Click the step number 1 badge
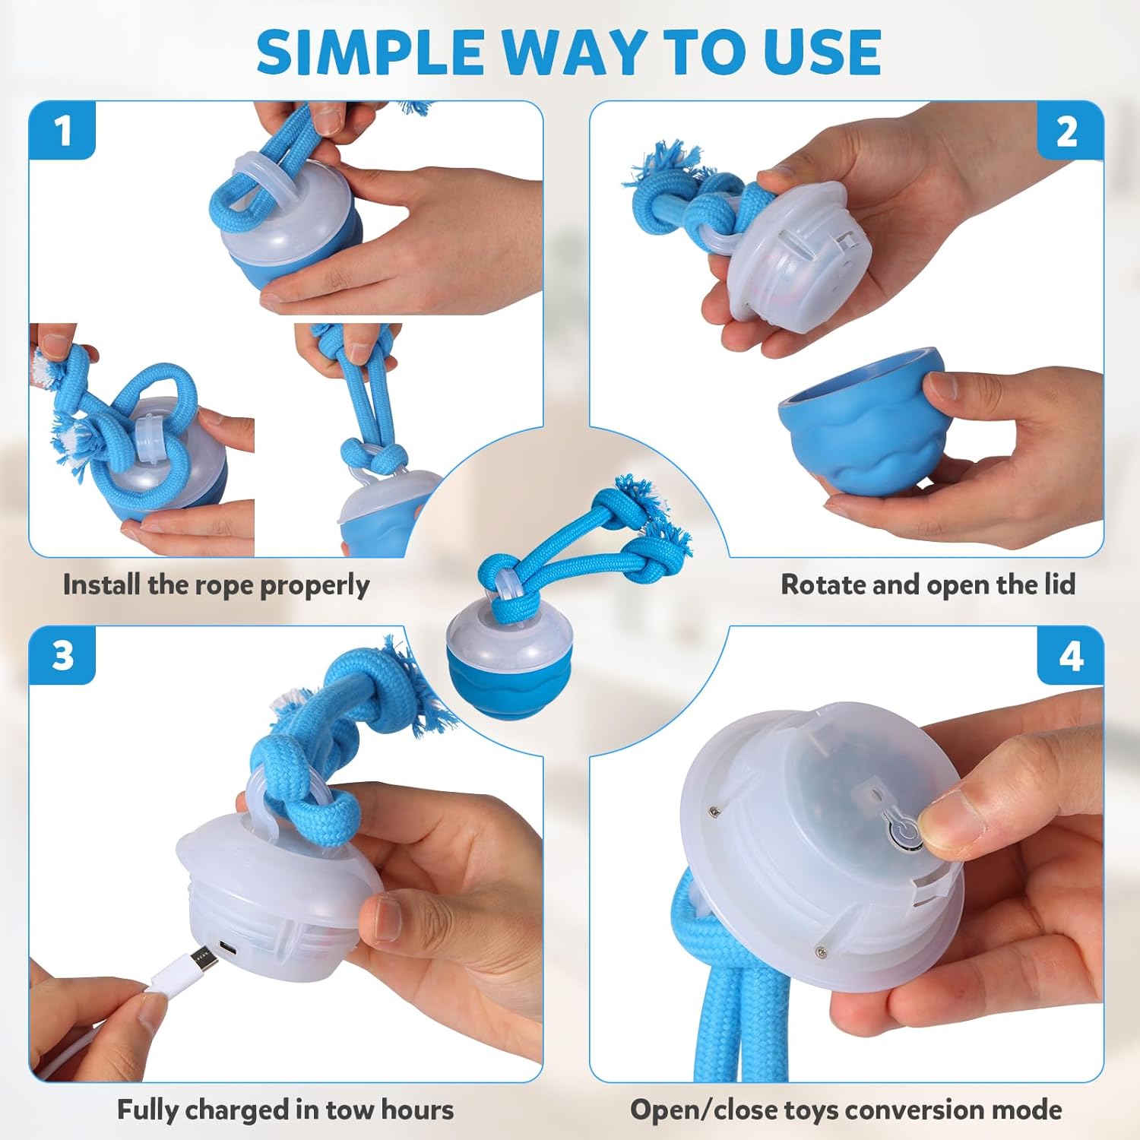tap(62, 131)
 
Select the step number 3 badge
tap(62, 655)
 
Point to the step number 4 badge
tap(1071, 655)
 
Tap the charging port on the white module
tap(227, 948)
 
